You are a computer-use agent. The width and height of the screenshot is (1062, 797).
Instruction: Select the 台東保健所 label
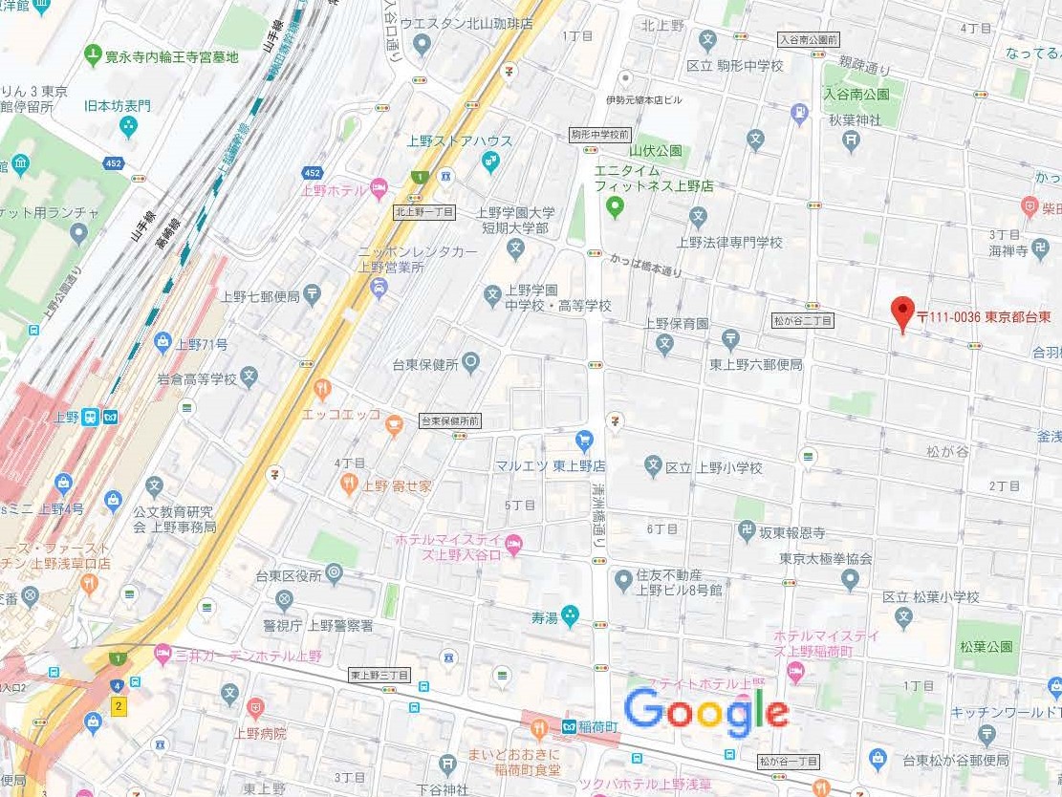click(x=425, y=364)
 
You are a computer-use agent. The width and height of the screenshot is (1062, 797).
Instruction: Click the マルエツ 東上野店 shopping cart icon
click(x=584, y=440)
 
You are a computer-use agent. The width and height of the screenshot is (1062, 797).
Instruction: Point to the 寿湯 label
click(x=545, y=617)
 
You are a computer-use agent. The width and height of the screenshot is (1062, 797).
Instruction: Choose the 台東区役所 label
click(x=287, y=575)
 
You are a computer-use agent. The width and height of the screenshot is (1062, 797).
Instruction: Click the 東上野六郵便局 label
click(x=756, y=364)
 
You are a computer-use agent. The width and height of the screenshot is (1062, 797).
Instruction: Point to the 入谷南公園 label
click(x=856, y=94)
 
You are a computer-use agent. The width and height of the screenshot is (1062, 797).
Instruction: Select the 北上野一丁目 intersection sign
click(x=423, y=212)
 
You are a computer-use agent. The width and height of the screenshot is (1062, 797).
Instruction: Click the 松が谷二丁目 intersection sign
click(x=802, y=321)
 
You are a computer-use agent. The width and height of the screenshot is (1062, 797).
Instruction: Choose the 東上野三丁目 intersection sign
click(x=379, y=676)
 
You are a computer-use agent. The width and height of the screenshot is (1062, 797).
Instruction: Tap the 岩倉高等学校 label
click(x=197, y=378)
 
